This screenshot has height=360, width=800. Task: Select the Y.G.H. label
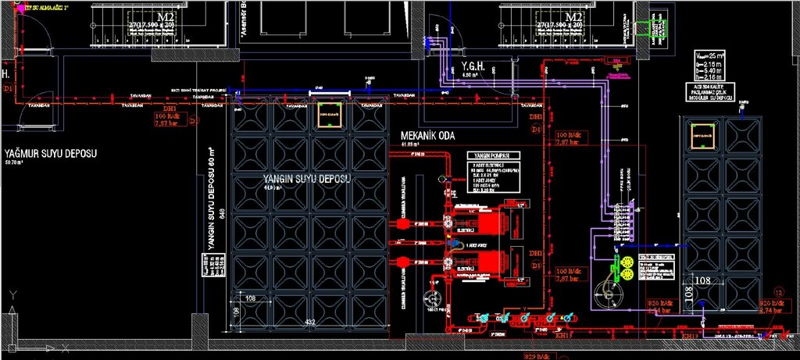click(x=474, y=67)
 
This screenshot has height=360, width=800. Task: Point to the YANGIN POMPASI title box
click(x=493, y=155)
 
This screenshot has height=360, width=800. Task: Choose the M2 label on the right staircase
click(x=574, y=16)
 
